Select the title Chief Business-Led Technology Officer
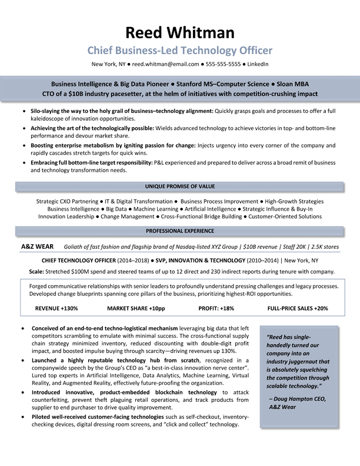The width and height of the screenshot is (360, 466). pyautogui.click(x=180, y=50)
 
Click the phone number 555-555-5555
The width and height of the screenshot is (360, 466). pyautogui.click(x=226, y=64)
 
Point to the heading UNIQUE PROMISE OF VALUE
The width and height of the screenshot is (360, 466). pyautogui.click(x=180, y=187)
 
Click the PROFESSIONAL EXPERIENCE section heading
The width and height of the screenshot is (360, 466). pyautogui.click(x=180, y=231)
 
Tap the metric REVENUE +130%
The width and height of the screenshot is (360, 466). pyautogui.click(x=56, y=308)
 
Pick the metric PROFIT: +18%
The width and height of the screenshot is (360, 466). pyautogui.click(x=216, y=308)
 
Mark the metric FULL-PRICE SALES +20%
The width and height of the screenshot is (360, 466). pyautogui.click(x=298, y=308)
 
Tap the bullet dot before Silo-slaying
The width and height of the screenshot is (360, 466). pyautogui.click(x=22, y=111)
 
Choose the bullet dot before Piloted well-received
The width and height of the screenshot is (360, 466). pyautogui.click(x=22, y=417)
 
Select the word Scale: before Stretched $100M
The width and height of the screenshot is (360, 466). pyautogui.click(x=39, y=271)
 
